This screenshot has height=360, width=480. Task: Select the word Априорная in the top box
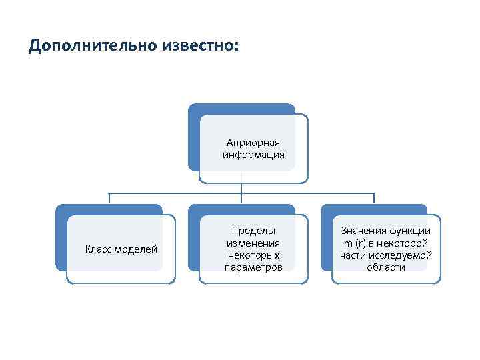(x=253, y=143)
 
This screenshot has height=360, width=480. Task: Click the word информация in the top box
(x=253, y=155)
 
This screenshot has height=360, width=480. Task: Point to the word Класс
(x=99, y=249)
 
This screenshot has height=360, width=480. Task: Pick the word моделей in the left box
(x=136, y=249)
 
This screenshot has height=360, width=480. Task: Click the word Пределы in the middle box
(x=253, y=231)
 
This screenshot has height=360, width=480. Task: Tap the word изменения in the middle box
(x=253, y=243)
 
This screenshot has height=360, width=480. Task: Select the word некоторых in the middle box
(x=253, y=255)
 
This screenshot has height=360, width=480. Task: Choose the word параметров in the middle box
(x=253, y=267)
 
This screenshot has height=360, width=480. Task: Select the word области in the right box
(x=385, y=267)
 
